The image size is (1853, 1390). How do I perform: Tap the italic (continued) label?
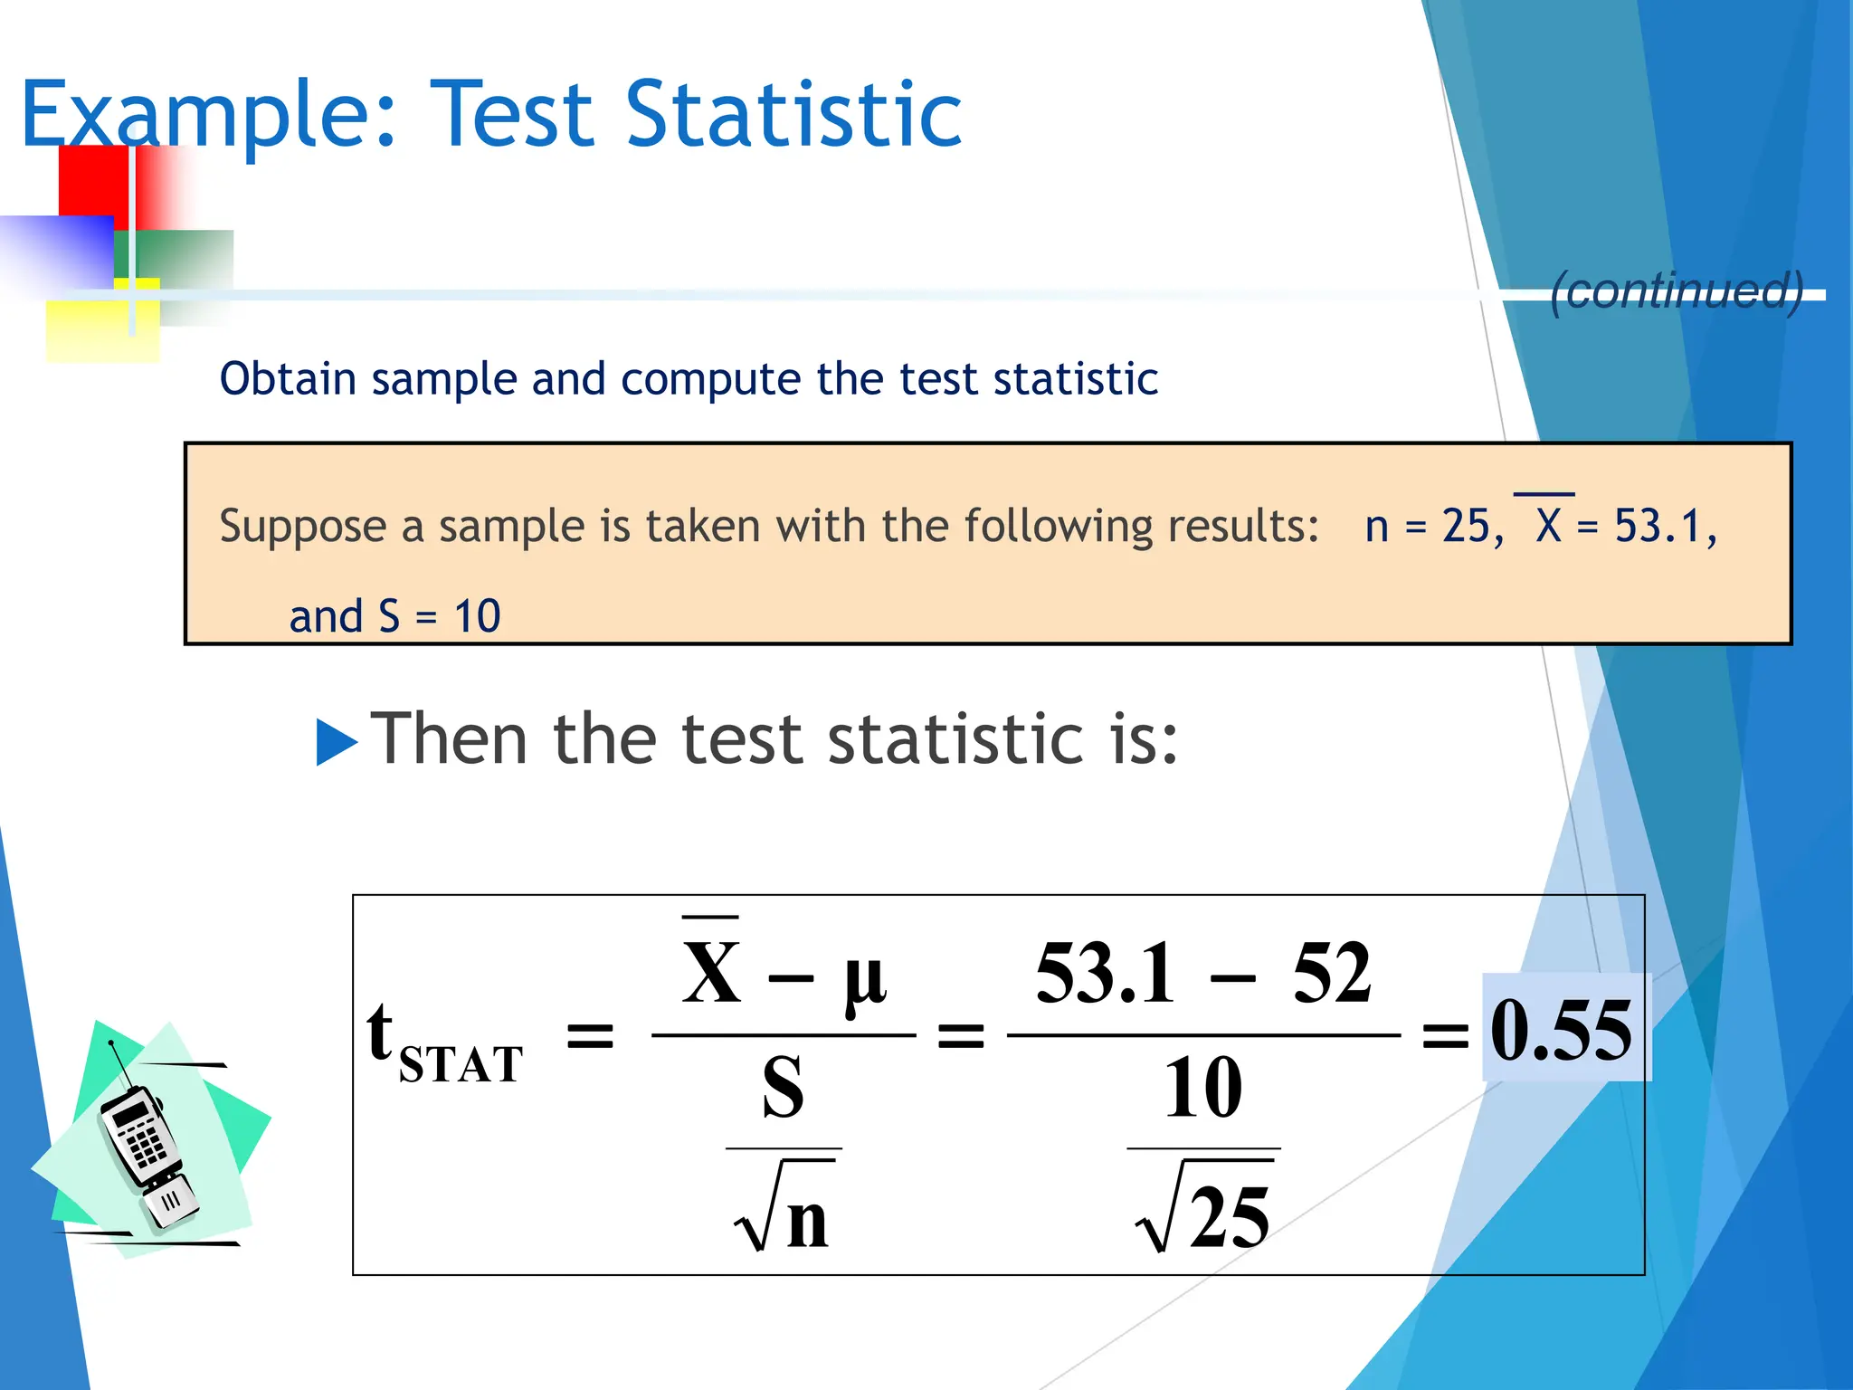(1677, 290)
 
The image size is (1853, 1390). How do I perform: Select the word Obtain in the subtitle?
(287, 378)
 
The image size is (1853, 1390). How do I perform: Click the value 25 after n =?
(1465, 526)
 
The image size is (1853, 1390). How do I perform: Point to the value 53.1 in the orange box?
(1658, 526)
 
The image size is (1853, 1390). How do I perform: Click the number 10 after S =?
(477, 616)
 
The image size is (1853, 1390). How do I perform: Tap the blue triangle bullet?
(336, 741)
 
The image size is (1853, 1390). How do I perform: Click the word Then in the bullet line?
(450, 739)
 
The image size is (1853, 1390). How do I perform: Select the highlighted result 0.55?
(1563, 1029)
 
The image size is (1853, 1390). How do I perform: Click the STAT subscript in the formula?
(461, 1064)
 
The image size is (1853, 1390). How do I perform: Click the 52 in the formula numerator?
(1332, 974)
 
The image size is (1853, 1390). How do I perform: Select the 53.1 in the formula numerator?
(1106, 974)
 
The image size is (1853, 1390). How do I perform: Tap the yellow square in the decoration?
(90, 331)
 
